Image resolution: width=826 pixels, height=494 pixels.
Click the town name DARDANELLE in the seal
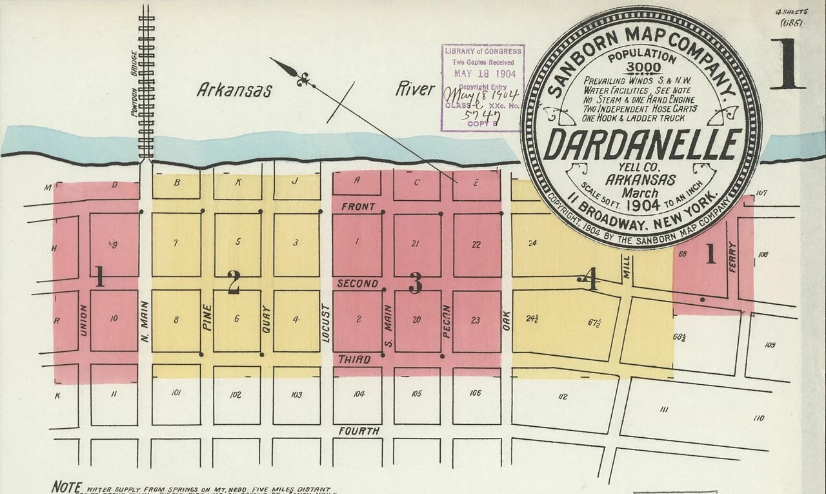click(x=641, y=145)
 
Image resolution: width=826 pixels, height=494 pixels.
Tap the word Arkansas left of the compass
click(x=234, y=90)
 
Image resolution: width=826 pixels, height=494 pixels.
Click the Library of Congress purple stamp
click(x=483, y=88)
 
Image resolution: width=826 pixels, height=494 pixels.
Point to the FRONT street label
click(x=358, y=207)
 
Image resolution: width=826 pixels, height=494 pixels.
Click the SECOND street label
click(x=358, y=283)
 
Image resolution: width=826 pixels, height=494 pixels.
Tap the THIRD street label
click(x=355, y=360)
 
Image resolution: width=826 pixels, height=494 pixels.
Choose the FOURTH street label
click(x=359, y=431)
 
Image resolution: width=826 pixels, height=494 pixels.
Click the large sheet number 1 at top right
click(x=787, y=65)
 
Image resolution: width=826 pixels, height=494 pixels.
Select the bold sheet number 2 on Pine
click(x=234, y=282)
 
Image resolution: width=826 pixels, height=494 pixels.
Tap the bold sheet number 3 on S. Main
click(x=416, y=283)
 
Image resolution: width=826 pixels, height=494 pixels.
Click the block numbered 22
click(x=476, y=244)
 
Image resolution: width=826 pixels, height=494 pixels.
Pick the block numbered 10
click(x=114, y=318)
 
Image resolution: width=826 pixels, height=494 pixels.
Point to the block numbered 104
click(x=359, y=393)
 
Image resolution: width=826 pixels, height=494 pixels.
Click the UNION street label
click(x=83, y=321)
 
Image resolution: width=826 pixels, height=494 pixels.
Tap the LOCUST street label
click(x=327, y=321)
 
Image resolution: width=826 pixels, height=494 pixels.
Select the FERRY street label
click(x=732, y=256)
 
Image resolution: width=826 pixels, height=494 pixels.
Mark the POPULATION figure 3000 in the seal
click(x=643, y=68)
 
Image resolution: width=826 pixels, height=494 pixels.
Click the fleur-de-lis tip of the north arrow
click(x=303, y=79)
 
